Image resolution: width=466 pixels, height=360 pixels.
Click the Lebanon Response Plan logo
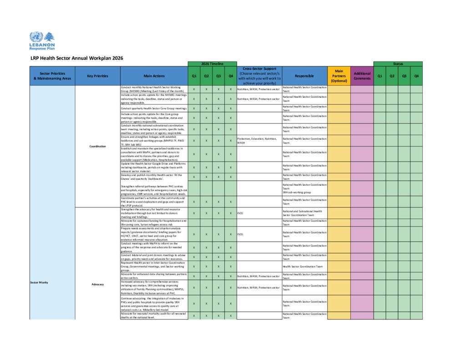(x=42, y=41)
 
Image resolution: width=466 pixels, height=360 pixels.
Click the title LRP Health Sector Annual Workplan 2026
(x=76, y=58)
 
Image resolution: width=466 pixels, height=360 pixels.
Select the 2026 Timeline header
(x=212, y=64)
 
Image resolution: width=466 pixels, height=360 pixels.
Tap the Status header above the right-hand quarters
(x=398, y=64)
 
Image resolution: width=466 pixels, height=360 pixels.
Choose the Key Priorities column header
(x=97, y=76)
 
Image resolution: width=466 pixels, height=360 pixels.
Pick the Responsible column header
(x=304, y=76)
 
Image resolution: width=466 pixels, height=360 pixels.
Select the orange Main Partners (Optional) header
(x=339, y=76)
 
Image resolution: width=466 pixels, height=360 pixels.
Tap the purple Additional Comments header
(x=362, y=76)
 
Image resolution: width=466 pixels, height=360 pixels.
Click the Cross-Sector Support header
(x=259, y=76)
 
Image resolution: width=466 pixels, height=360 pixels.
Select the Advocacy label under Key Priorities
(x=97, y=284)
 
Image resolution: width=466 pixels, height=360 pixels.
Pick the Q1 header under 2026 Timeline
(x=194, y=76)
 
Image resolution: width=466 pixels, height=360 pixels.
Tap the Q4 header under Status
(x=416, y=76)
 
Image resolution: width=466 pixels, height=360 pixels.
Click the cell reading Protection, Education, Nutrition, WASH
(x=258, y=141)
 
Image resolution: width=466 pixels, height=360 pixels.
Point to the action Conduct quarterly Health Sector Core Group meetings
(x=154, y=109)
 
